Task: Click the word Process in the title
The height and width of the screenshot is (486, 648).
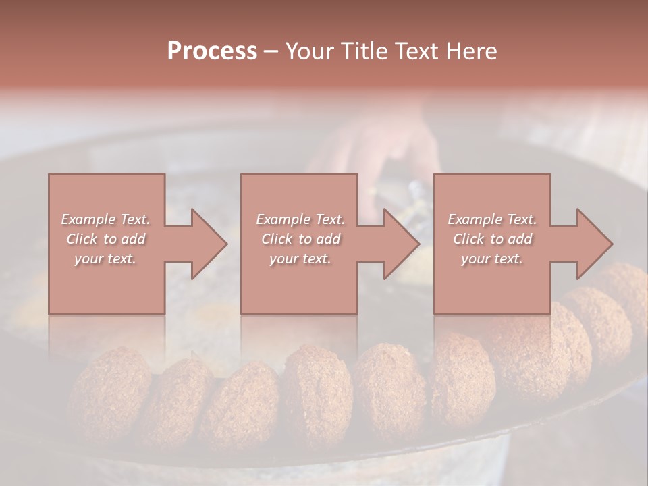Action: [x=212, y=51]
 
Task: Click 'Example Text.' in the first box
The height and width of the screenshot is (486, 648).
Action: [x=106, y=219]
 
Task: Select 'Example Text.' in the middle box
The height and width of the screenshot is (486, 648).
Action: [x=300, y=219]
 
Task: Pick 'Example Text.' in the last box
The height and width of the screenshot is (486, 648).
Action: [x=492, y=219]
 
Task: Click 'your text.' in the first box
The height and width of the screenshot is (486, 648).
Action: [x=106, y=259]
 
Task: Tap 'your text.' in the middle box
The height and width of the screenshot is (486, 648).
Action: [x=300, y=259]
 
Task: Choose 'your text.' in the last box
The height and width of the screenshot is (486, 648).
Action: [x=492, y=259]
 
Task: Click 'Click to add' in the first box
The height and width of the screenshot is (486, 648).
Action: [x=106, y=239]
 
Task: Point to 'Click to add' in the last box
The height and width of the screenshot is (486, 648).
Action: [x=492, y=239]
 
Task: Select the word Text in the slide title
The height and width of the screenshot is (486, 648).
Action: [x=418, y=51]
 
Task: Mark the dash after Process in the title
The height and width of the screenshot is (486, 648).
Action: [x=271, y=51]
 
